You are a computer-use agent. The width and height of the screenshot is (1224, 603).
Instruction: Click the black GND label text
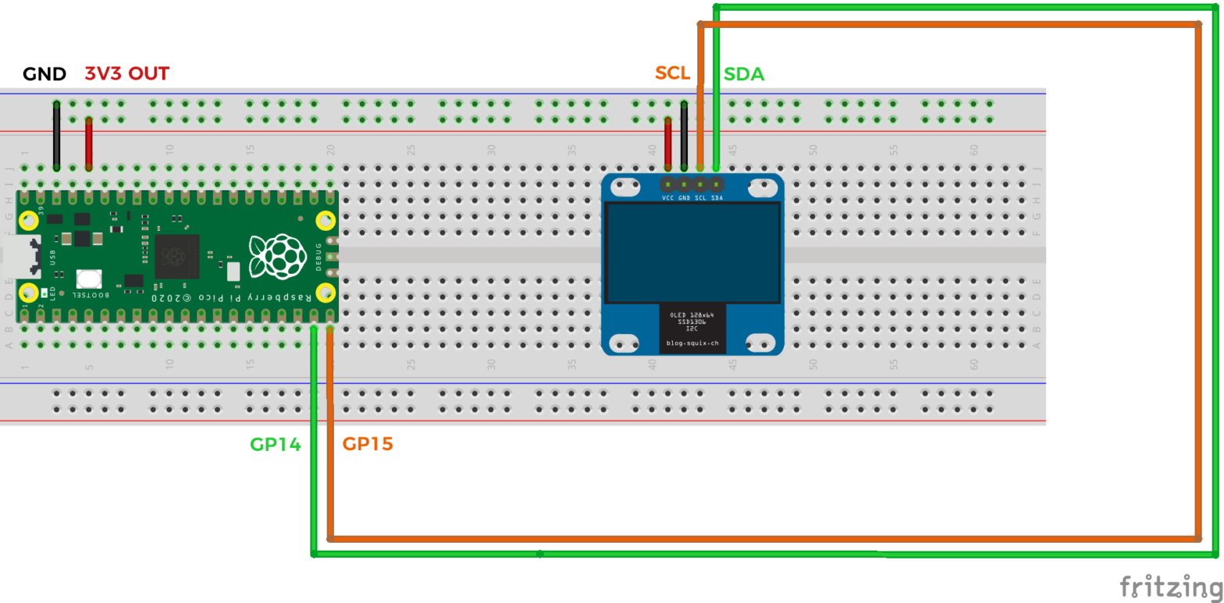44,74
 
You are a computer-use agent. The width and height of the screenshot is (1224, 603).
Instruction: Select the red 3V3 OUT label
126,74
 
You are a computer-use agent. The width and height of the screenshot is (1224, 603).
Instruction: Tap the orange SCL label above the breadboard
672,74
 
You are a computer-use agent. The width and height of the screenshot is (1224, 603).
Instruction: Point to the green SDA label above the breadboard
744,75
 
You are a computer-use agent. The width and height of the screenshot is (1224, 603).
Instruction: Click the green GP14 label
275,444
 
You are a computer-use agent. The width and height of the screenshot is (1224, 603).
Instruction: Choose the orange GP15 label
368,444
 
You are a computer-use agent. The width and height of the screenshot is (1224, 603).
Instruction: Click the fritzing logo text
1170,586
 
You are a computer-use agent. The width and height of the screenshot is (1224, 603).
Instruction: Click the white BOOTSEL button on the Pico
90,279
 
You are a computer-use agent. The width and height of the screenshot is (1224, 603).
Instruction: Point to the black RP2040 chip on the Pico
176,256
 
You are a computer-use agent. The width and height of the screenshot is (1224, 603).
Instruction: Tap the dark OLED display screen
692,253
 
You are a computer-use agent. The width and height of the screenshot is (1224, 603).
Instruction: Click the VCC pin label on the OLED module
668,198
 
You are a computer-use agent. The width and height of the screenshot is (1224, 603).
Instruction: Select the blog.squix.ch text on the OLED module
692,342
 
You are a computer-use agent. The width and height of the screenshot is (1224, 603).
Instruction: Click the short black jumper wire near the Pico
56,137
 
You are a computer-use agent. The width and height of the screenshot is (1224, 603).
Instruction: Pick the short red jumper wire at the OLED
668,144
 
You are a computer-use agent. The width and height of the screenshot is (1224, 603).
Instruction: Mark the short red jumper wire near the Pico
88,144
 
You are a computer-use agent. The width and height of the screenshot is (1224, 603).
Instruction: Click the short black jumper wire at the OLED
684,136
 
